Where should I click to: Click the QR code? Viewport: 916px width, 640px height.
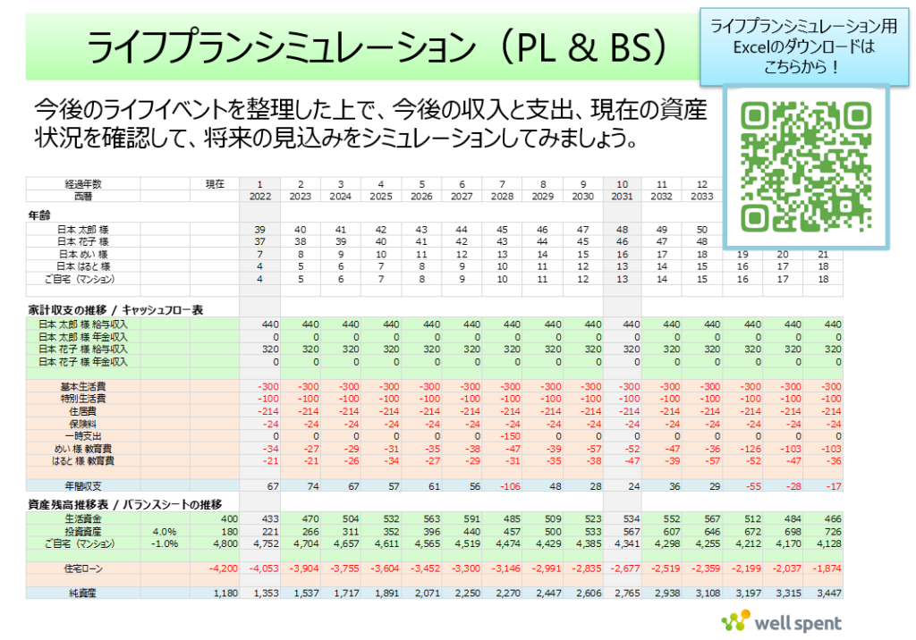click(806, 166)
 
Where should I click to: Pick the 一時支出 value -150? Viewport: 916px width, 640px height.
click(505, 435)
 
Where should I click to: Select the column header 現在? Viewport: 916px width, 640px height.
click(215, 183)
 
